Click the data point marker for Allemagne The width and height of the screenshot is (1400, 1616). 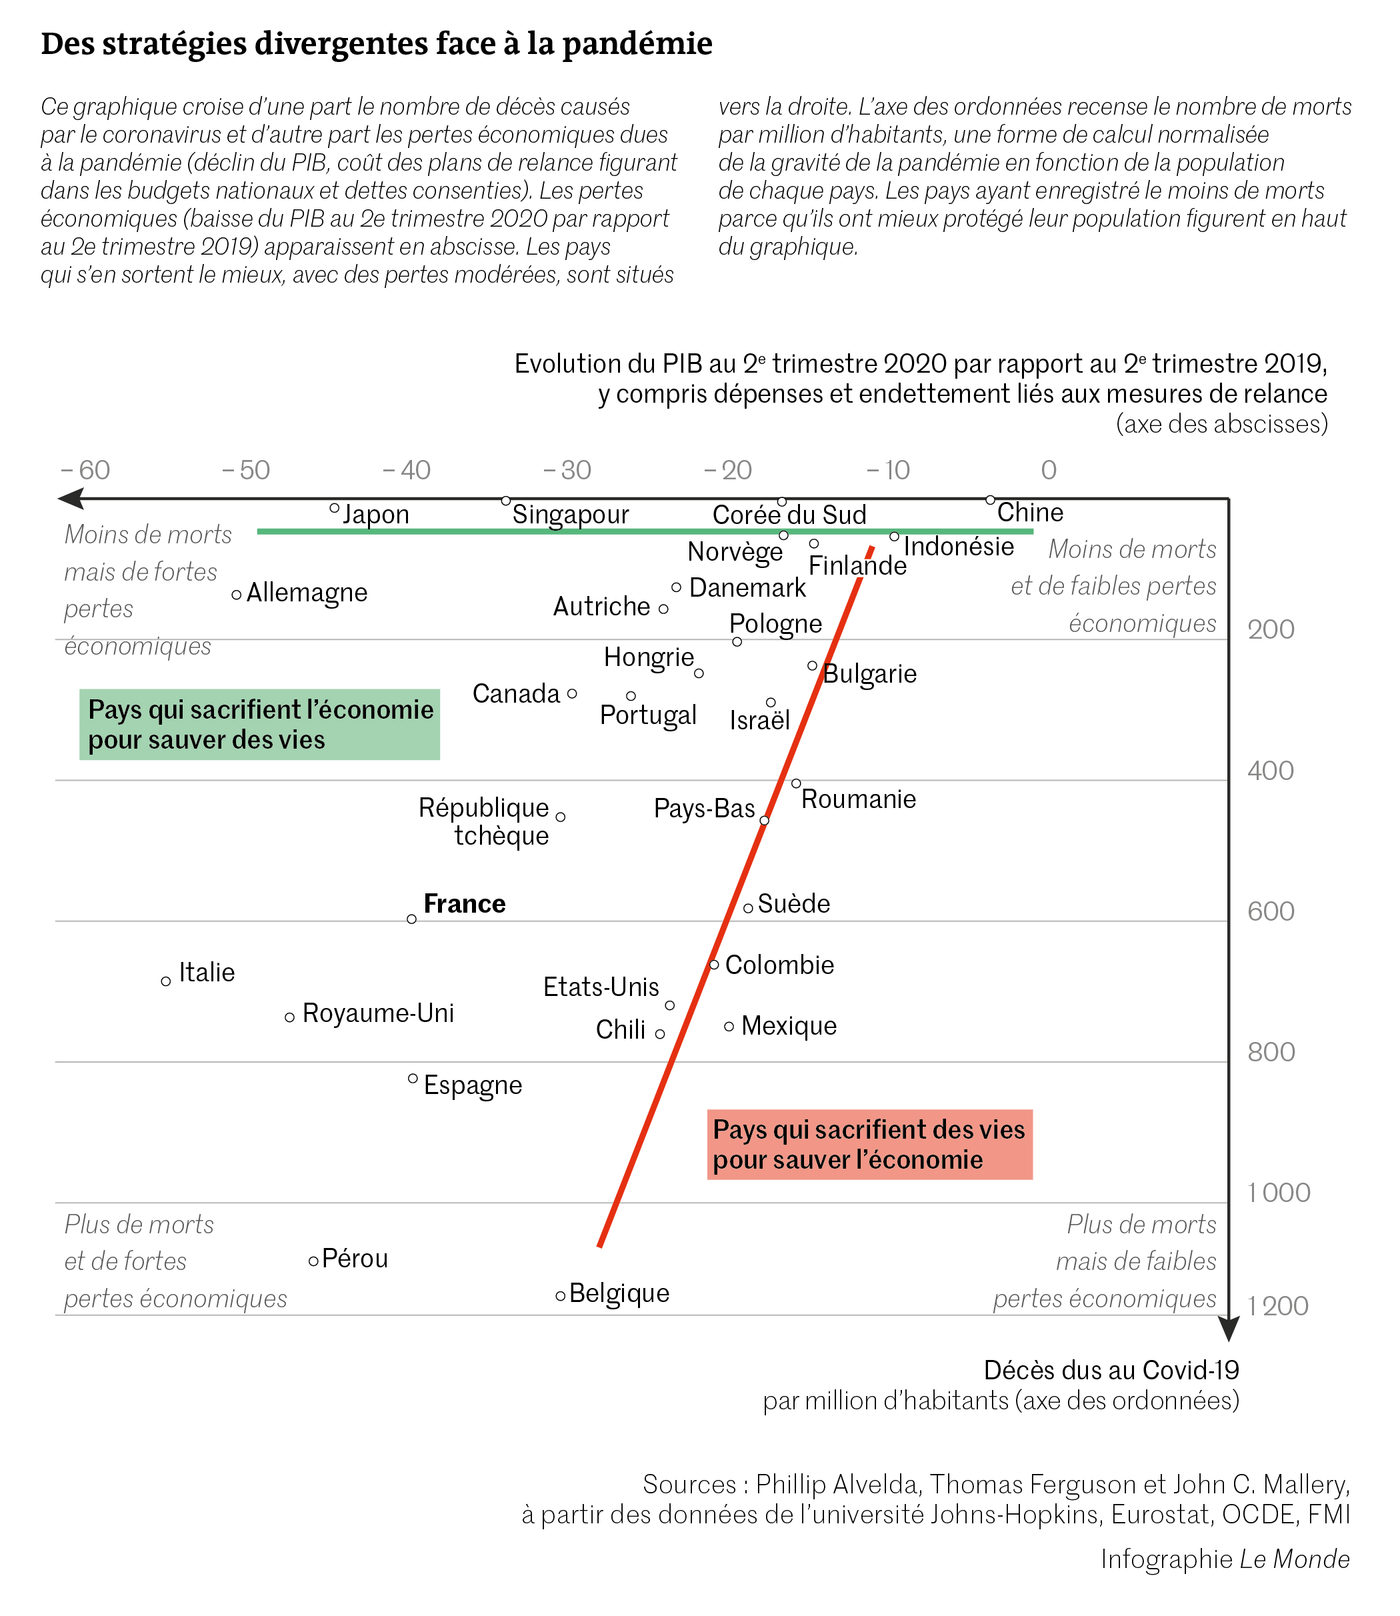click(x=237, y=595)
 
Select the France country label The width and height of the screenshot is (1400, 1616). click(x=464, y=904)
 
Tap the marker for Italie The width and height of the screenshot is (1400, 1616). click(x=166, y=981)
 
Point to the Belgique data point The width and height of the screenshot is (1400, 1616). click(x=561, y=1295)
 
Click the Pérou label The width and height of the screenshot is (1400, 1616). click(x=355, y=1259)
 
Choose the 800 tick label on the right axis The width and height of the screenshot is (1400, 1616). click(x=1270, y=1052)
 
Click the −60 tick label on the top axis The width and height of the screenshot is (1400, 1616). click(x=85, y=470)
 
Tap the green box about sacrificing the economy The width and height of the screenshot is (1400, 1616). click(x=260, y=724)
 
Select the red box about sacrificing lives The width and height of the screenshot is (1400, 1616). click(x=869, y=1145)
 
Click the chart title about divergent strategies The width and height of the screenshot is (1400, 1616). click(x=376, y=45)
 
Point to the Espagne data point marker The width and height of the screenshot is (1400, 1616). click(x=413, y=1078)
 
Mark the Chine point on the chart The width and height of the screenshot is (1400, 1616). click(x=990, y=500)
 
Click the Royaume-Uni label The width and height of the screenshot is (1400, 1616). click(x=378, y=1014)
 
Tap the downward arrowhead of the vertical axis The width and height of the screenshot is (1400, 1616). click(x=1229, y=1330)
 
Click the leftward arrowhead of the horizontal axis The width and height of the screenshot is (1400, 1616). click(x=69, y=498)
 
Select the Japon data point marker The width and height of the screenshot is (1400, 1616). click(x=335, y=508)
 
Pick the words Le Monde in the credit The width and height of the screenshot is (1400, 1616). click(x=1295, y=1559)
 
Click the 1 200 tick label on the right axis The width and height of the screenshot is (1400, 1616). click(x=1277, y=1306)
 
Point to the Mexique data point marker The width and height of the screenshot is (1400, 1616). click(x=729, y=1026)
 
